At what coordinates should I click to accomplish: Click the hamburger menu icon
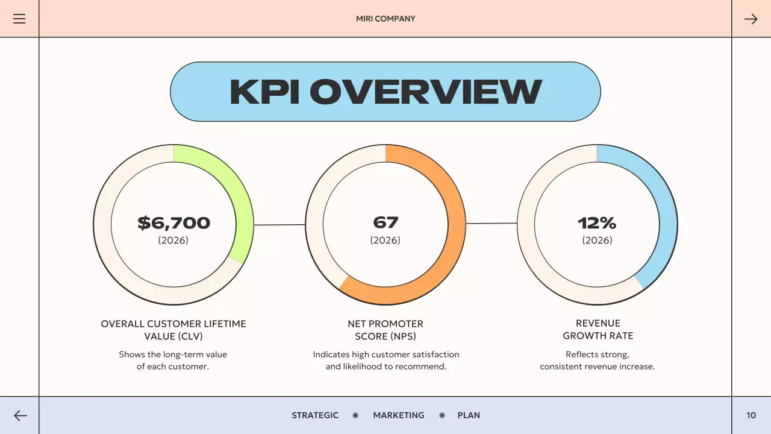[x=19, y=19]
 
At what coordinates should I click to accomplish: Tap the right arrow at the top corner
[x=751, y=19]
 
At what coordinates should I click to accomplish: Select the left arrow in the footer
[x=20, y=415]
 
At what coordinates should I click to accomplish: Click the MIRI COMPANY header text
[x=385, y=19]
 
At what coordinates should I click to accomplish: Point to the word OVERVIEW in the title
[x=425, y=92]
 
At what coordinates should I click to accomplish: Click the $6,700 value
[x=173, y=223]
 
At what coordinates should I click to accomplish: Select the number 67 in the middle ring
[x=385, y=222]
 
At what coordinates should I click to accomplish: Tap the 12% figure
[x=597, y=223]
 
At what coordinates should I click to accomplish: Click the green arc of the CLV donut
[x=238, y=199]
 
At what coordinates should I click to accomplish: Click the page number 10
[x=751, y=415]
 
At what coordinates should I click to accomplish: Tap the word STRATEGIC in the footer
[x=315, y=415]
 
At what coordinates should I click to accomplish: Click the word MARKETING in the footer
[x=399, y=415]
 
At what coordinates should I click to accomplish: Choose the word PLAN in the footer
[x=469, y=415]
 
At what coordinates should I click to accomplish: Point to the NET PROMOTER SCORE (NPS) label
[x=385, y=330]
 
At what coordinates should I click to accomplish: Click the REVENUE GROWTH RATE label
[x=598, y=329]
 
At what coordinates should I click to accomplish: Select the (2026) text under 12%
[x=597, y=240]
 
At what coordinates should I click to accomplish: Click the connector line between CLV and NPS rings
[x=279, y=225]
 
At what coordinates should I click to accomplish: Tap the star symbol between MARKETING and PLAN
[x=442, y=415]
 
